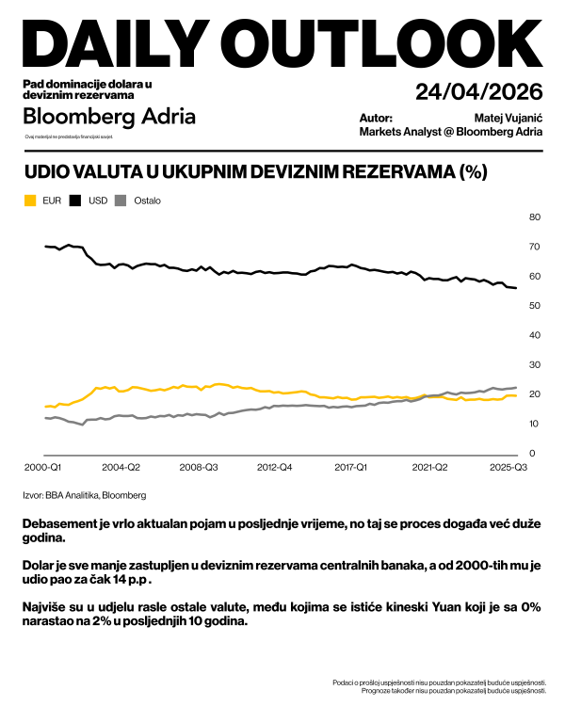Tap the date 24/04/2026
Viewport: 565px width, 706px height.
point(479,92)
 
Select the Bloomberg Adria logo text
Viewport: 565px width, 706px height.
point(109,117)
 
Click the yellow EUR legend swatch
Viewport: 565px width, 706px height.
point(29,201)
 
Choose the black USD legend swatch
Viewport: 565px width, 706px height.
point(76,201)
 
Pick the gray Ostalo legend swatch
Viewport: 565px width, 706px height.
point(121,201)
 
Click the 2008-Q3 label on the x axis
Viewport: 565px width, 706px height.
point(199,467)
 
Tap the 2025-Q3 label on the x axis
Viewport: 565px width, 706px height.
point(508,467)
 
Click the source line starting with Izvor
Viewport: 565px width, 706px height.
point(84,494)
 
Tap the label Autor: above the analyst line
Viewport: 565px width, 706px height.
point(376,118)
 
